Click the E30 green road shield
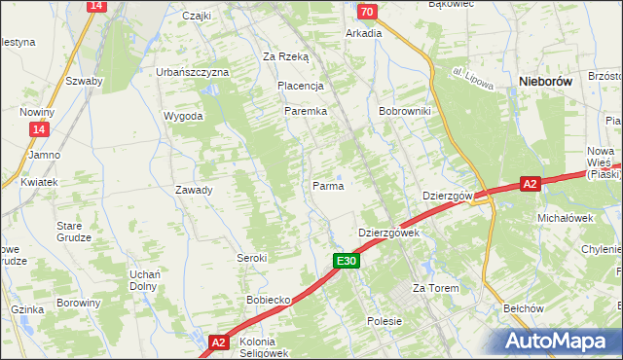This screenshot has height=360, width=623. tap(348, 261)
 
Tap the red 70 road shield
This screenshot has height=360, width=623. tap(366, 12)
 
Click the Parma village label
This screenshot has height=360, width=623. tap(328, 185)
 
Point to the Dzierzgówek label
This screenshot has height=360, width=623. tap(388, 234)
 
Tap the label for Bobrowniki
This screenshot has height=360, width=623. tap(405, 111)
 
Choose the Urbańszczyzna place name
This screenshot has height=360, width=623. tap(193, 72)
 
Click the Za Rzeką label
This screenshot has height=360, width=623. tap(285, 56)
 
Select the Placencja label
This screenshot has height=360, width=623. tap(300, 86)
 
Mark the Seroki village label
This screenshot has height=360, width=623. tap(252, 258)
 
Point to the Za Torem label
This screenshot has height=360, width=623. tap(435, 289)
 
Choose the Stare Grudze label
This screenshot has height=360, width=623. tap(74, 231)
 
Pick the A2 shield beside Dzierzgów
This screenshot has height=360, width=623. tap(529, 183)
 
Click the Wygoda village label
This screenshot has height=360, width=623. tap(184, 116)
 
